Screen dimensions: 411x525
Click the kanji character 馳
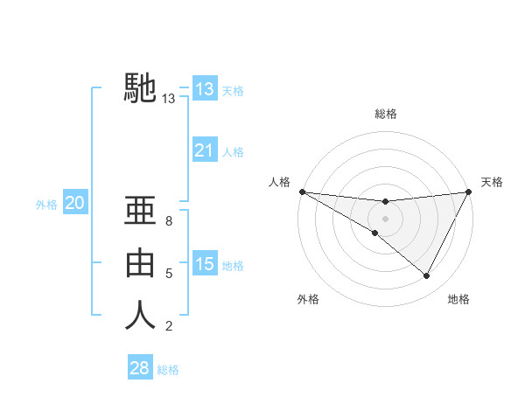[x=141, y=88]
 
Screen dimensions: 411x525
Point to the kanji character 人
[x=141, y=316]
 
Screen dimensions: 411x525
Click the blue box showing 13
[x=204, y=88]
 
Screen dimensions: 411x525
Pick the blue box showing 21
[x=204, y=151]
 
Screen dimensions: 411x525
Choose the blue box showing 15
[x=204, y=264]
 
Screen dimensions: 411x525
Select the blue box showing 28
[x=139, y=368]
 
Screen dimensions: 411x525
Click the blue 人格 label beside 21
[x=233, y=152]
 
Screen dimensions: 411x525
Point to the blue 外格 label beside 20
[x=46, y=205]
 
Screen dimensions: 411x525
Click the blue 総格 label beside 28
[x=168, y=370]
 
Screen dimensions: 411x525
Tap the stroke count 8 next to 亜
[x=169, y=221]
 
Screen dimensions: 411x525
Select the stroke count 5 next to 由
[x=169, y=274]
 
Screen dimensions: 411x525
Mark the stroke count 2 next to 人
[x=169, y=326]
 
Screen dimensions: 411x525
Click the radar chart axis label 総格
[x=385, y=114]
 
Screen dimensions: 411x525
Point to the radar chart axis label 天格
[x=492, y=182]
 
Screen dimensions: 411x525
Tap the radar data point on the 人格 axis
[x=302, y=192]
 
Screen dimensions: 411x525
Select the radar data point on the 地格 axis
[x=427, y=276]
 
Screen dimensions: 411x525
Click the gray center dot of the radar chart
[x=385, y=218]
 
